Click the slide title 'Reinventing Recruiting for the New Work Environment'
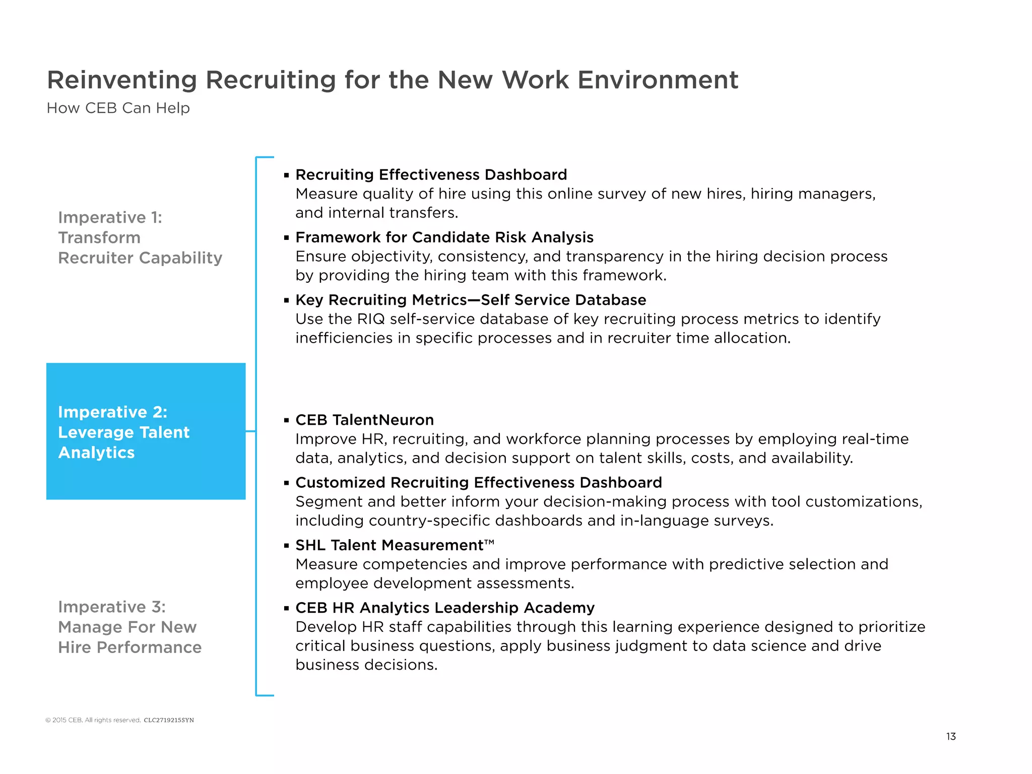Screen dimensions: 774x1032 pos(392,80)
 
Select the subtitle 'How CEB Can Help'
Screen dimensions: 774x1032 pos(118,108)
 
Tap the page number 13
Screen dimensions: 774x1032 pos(951,736)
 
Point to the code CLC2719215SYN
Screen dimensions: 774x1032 pos(169,720)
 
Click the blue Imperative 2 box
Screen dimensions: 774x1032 pos(146,431)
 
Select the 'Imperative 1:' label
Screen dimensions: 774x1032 pos(110,218)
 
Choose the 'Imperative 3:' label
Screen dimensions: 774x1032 pos(111,607)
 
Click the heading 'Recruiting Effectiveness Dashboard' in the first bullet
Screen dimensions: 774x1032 pos(431,175)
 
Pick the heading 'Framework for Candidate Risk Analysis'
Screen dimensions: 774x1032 pos(444,237)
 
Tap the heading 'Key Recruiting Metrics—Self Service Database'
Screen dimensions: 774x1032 pos(470,300)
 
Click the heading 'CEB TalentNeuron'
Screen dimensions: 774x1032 pos(364,420)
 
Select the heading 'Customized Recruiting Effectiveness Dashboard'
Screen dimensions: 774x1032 pos(478,483)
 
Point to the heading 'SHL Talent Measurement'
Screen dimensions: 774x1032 pos(389,545)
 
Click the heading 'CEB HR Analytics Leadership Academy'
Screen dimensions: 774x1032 pos(444,608)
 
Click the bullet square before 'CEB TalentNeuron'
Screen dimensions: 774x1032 pos(286,420)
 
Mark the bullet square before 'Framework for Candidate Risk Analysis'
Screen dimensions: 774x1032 pos(286,238)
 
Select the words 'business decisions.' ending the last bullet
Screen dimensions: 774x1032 pos(366,665)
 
